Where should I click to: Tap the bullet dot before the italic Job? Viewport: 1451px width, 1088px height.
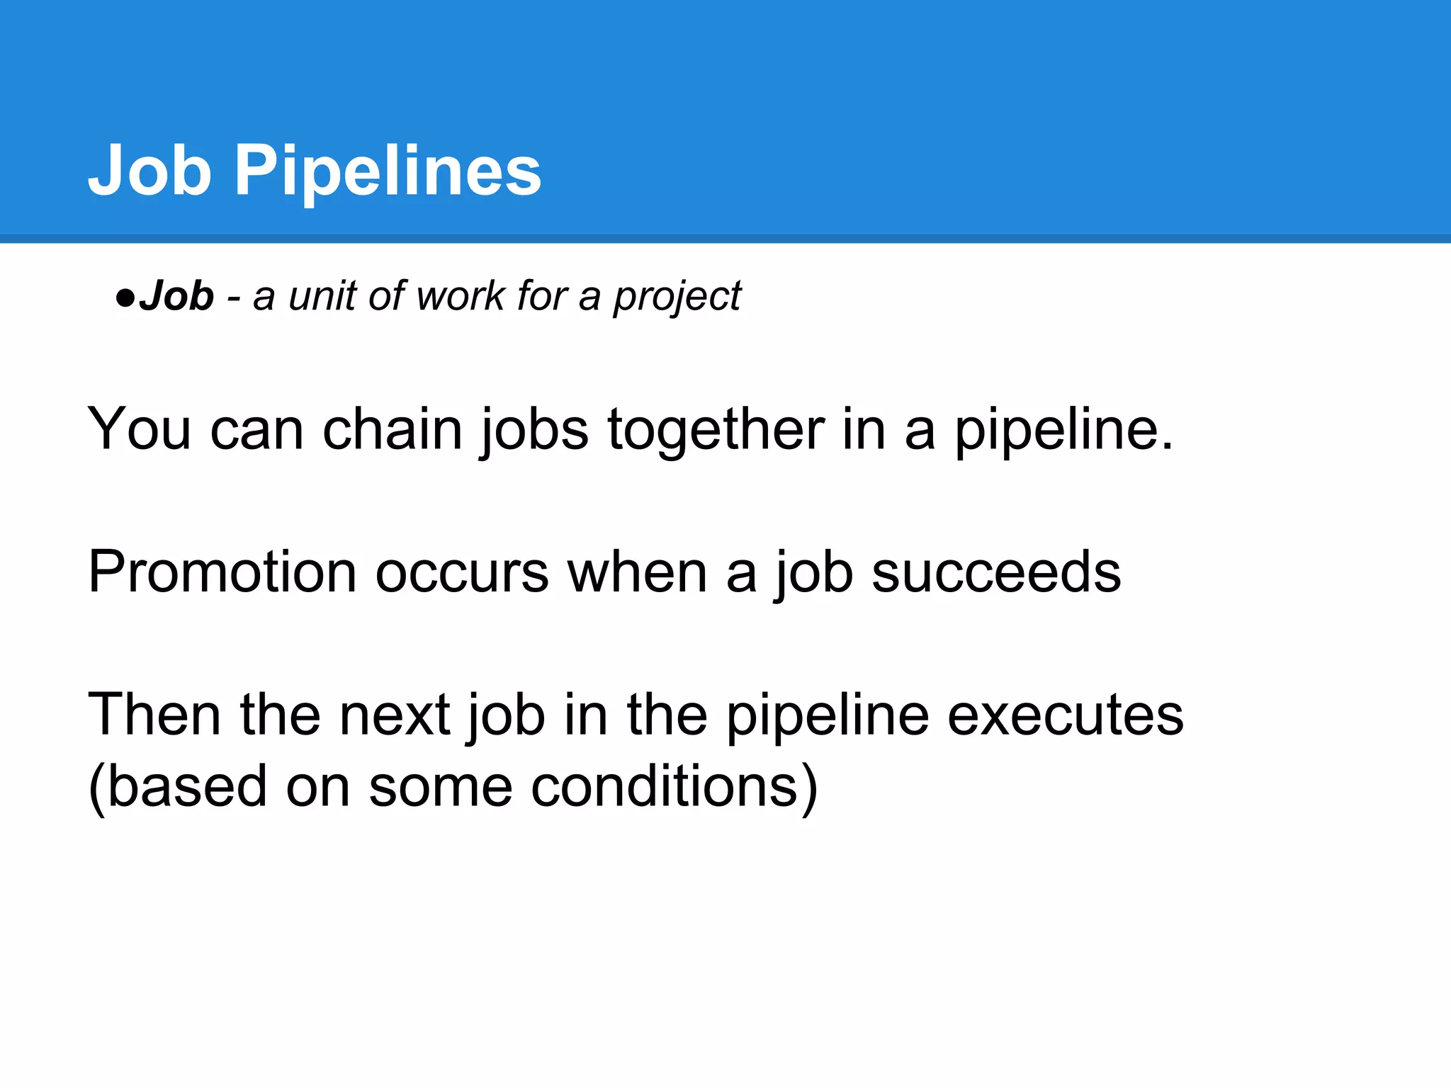125,297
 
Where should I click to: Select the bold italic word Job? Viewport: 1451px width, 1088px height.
176,295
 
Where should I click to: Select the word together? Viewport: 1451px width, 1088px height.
716,431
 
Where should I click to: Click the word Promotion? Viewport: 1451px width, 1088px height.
222,572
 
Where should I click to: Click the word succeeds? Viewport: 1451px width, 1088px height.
995,572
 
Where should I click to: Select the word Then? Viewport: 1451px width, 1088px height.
154,714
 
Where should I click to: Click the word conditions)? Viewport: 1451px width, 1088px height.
674,786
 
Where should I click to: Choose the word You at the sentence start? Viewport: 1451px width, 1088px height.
140,429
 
